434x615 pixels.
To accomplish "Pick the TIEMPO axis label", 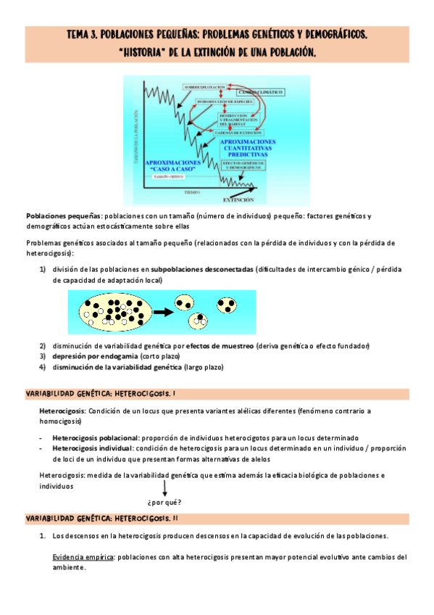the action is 191,192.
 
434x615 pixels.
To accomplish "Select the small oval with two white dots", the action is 199,319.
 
